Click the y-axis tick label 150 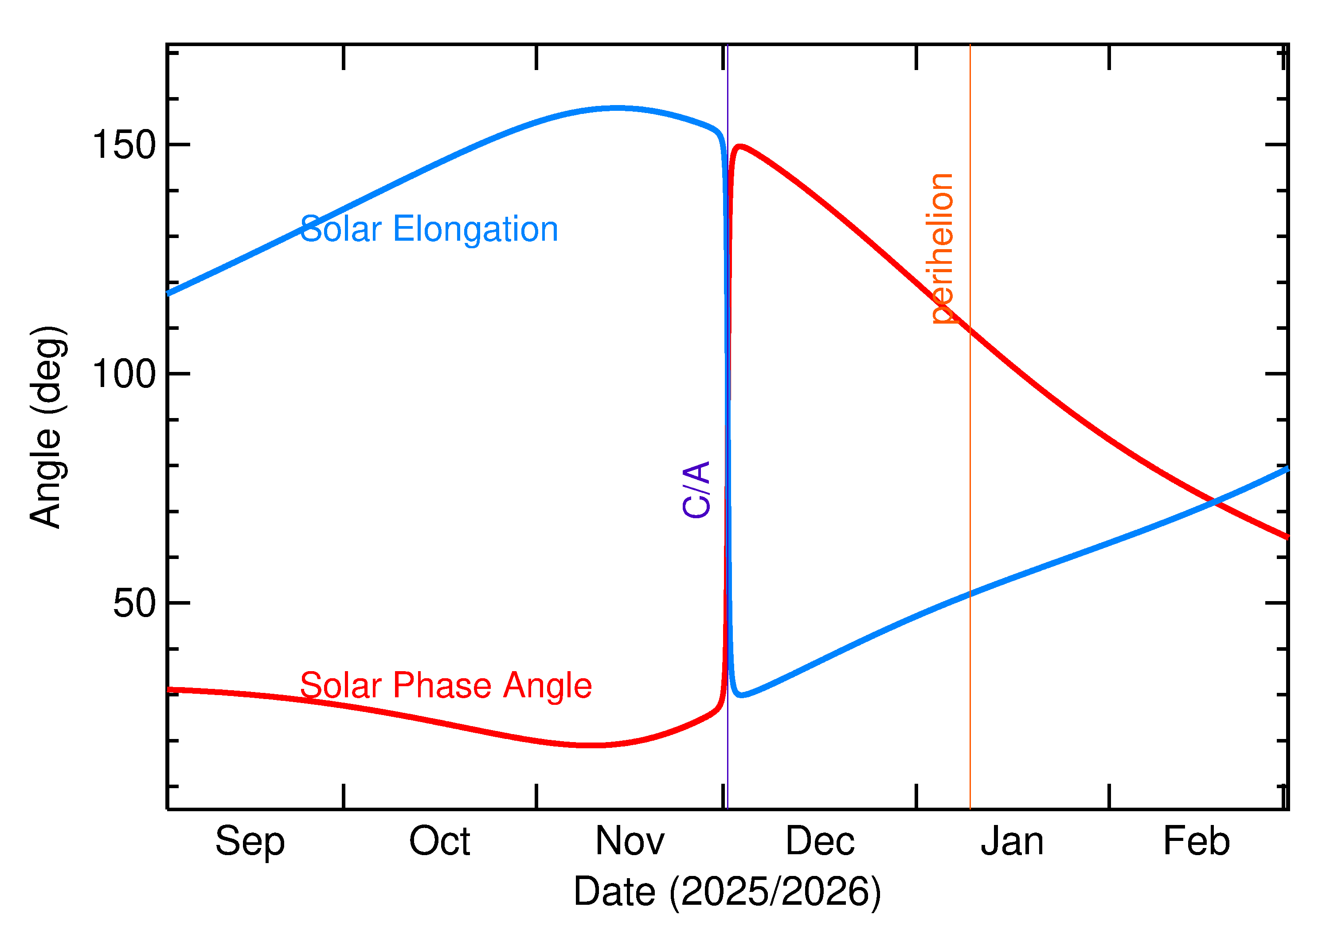(x=124, y=145)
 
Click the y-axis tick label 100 (x=124, y=374)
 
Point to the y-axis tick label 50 (x=135, y=603)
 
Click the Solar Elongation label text (x=429, y=229)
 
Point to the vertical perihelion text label (x=941, y=248)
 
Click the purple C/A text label (x=696, y=489)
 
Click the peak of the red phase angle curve (x=740, y=146)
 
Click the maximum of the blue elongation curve (x=618, y=108)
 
